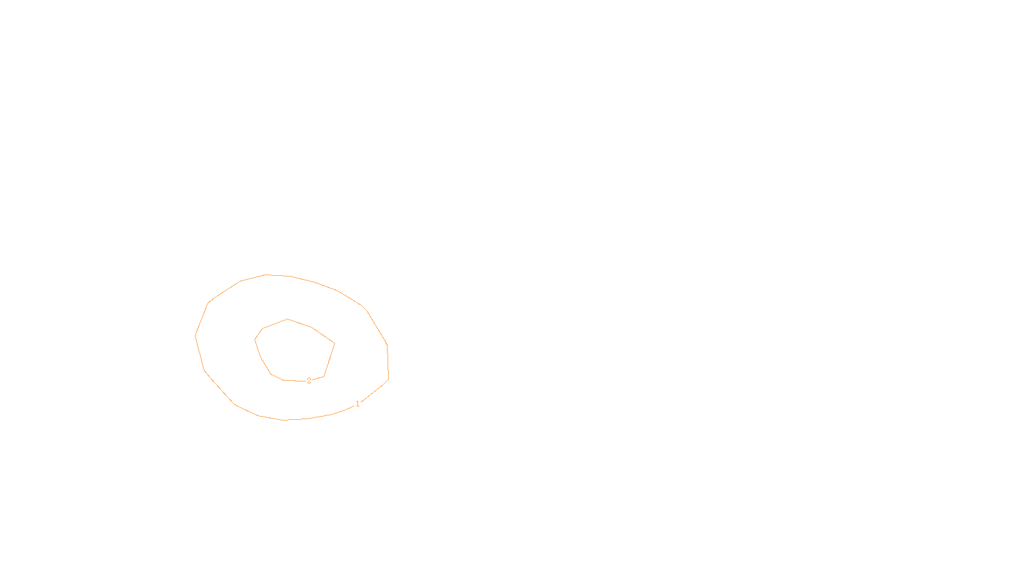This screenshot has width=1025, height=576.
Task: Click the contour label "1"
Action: (357, 404)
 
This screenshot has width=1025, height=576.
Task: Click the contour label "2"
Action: (309, 381)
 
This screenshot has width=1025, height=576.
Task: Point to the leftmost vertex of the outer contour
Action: (195, 335)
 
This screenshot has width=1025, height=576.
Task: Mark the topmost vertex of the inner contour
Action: (287, 319)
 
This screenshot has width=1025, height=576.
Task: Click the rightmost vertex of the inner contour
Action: (334, 344)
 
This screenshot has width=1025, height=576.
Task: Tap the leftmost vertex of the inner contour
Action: (254, 339)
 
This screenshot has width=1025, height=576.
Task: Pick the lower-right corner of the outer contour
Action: (388, 379)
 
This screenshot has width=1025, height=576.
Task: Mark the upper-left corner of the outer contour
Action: (209, 302)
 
